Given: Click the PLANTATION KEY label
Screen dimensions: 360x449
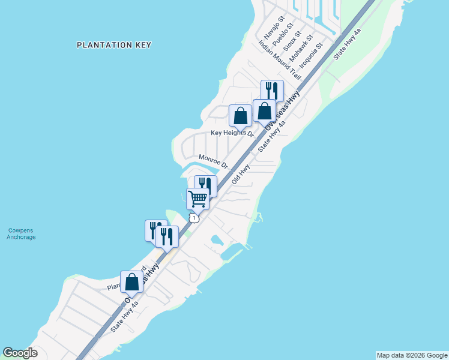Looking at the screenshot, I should coord(114,45).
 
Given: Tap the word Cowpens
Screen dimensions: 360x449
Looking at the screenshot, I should coord(22,230).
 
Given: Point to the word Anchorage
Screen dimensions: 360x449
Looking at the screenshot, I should coord(22,237).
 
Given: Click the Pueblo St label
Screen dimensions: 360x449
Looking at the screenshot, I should coord(283,35).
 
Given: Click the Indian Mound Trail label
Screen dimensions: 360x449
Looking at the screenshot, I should coord(280,60).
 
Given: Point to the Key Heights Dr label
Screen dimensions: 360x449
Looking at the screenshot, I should coord(232,133).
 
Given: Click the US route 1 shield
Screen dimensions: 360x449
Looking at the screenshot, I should coord(193,218).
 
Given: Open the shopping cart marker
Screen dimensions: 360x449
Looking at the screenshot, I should coord(197,199).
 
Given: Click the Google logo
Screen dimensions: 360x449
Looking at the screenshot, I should coord(20,353).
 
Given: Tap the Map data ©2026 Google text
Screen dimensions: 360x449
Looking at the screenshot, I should coord(412,355).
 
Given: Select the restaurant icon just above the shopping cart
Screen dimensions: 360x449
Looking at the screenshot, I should coord(205,186).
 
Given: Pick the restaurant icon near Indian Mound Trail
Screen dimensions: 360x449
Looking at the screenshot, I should coord(272,91).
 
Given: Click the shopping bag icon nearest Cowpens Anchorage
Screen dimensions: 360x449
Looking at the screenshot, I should coord(131,282).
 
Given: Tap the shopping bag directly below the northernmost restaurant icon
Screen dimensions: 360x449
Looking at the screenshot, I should coord(264,110).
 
